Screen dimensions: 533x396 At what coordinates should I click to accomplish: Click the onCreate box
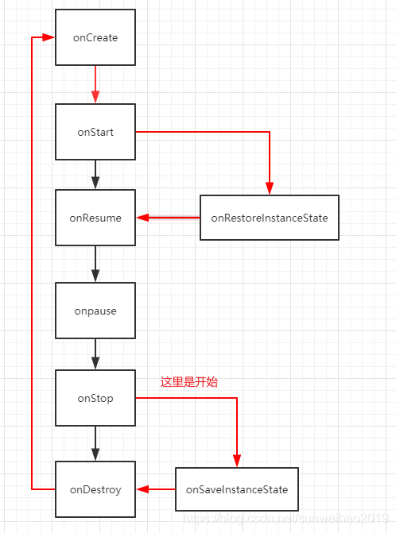click(x=95, y=37)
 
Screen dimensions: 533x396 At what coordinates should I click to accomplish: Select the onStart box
click(x=95, y=132)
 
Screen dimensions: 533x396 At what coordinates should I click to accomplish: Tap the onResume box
click(x=95, y=217)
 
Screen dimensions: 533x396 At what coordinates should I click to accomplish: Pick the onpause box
click(x=95, y=311)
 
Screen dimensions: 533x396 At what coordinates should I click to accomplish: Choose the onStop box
click(x=95, y=398)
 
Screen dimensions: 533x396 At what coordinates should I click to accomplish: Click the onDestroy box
click(x=95, y=489)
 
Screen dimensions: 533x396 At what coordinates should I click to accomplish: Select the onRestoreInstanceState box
click(x=269, y=217)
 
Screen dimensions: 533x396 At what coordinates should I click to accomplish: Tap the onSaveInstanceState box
click(x=237, y=489)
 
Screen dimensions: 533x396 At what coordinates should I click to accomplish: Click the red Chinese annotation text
click(x=189, y=382)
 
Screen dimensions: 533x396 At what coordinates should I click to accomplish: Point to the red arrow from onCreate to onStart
click(x=95, y=83)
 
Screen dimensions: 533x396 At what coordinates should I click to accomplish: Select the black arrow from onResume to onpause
click(x=95, y=263)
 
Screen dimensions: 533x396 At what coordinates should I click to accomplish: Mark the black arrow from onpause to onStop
click(x=95, y=353)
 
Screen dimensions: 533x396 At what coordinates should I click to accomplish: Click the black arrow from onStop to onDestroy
click(x=95, y=443)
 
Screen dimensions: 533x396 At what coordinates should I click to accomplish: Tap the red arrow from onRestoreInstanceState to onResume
click(x=168, y=217)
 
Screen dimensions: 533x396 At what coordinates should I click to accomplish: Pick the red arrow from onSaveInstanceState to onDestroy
click(x=156, y=489)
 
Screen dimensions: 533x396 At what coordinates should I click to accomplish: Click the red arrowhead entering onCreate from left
click(x=49, y=37)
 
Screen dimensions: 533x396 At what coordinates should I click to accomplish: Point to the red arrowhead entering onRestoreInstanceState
click(x=270, y=188)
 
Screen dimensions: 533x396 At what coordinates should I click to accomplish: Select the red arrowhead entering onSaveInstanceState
click(x=237, y=461)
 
